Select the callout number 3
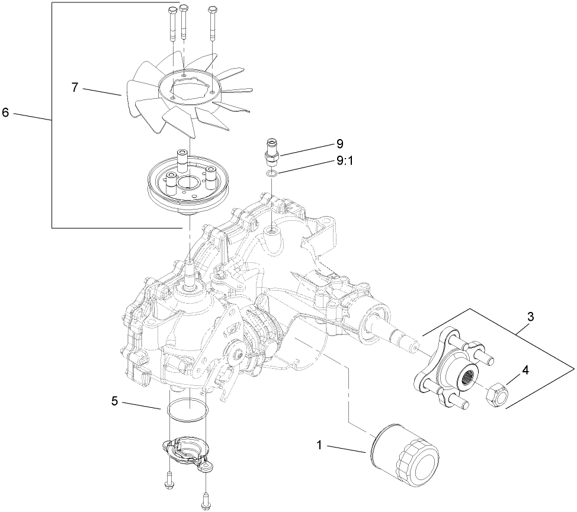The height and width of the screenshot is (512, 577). pos(531,317)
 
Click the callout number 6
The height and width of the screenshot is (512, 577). pos(5,112)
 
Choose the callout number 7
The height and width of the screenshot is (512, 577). pos(75,87)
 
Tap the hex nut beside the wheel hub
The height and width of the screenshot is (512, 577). pos(498,394)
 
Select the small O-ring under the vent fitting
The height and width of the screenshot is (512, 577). pos(271,174)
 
